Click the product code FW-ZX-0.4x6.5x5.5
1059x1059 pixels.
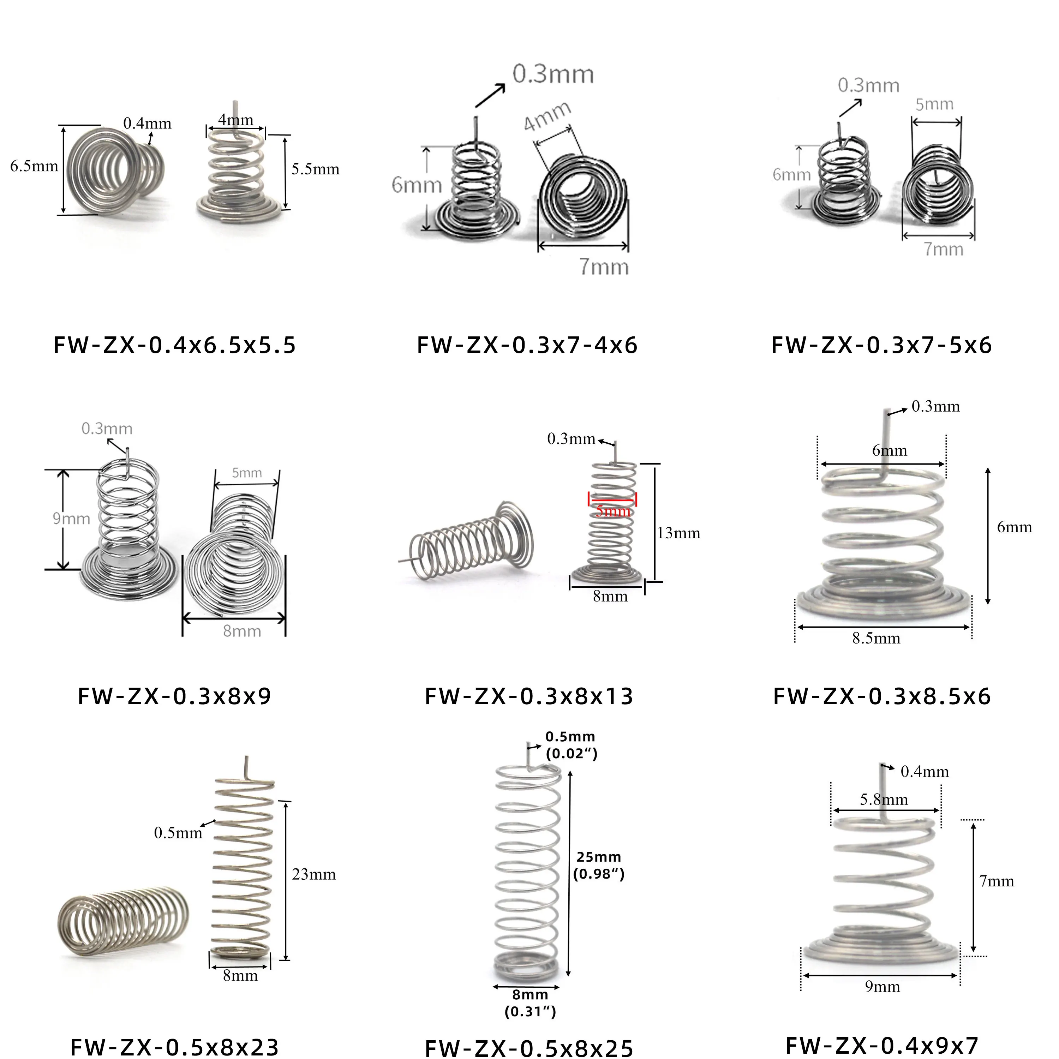(175, 345)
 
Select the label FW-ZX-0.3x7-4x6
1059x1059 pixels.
(527, 345)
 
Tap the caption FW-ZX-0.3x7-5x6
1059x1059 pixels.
(881, 345)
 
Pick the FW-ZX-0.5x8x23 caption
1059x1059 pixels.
(175, 1047)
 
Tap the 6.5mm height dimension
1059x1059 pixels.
(34, 166)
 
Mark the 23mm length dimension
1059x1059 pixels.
(313, 874)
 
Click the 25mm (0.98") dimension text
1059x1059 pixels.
(599, 866)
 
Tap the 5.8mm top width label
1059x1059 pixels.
(884, 799)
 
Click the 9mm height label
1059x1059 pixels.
(71, 519)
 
